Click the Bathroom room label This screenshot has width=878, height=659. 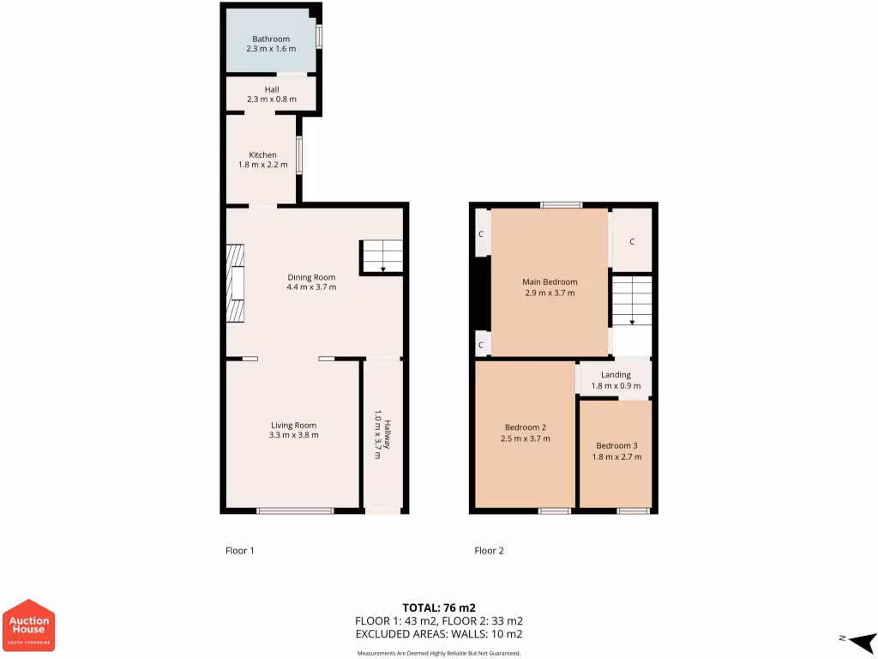(271, 39)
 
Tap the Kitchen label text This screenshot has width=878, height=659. (262, 155)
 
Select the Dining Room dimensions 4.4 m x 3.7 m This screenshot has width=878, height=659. (311, 287)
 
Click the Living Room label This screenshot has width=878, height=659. (294, 426)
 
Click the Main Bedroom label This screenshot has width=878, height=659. (550, 281)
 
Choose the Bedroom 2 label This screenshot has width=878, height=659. (526, 427)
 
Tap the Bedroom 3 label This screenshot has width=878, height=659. (617, 445)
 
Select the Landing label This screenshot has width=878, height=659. (616, 375)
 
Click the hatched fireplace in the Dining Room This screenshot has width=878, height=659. (235, 283)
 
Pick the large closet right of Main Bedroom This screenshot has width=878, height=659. (632, 241)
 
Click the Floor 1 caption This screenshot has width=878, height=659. (240, 551)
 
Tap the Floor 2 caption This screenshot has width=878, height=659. (489, 551)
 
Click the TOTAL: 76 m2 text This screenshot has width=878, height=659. (438, 608)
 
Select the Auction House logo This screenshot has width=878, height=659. (30, 625)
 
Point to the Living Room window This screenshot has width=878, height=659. (295, 511)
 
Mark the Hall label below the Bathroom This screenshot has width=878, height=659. (271, 89)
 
